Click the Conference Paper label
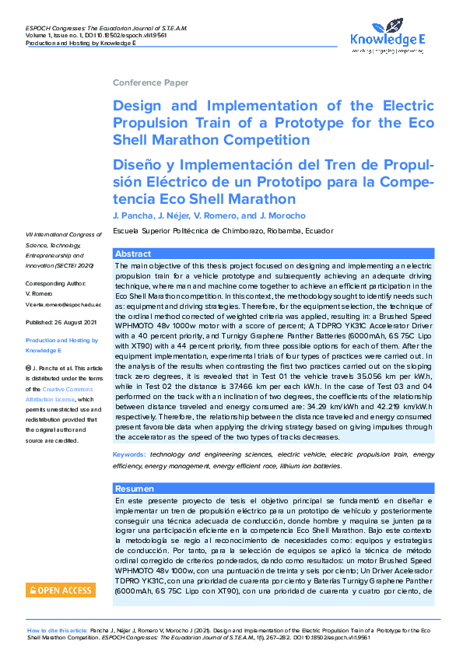(150, 82)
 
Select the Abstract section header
(132, 254)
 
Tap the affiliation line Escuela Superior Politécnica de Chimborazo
(223, 231)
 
